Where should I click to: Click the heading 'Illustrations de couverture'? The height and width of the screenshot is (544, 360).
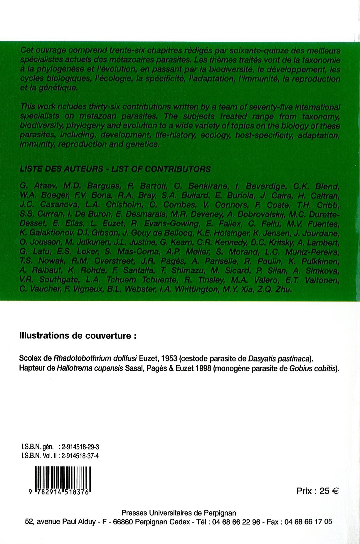78,336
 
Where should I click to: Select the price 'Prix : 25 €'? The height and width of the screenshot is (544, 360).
317,491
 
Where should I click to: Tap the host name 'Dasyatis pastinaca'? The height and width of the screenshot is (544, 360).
279,358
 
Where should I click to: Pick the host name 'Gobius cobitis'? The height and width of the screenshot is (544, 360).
312,368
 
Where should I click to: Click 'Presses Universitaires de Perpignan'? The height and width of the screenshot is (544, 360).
179,513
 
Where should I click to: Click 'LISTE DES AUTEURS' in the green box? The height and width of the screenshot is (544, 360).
61,169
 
